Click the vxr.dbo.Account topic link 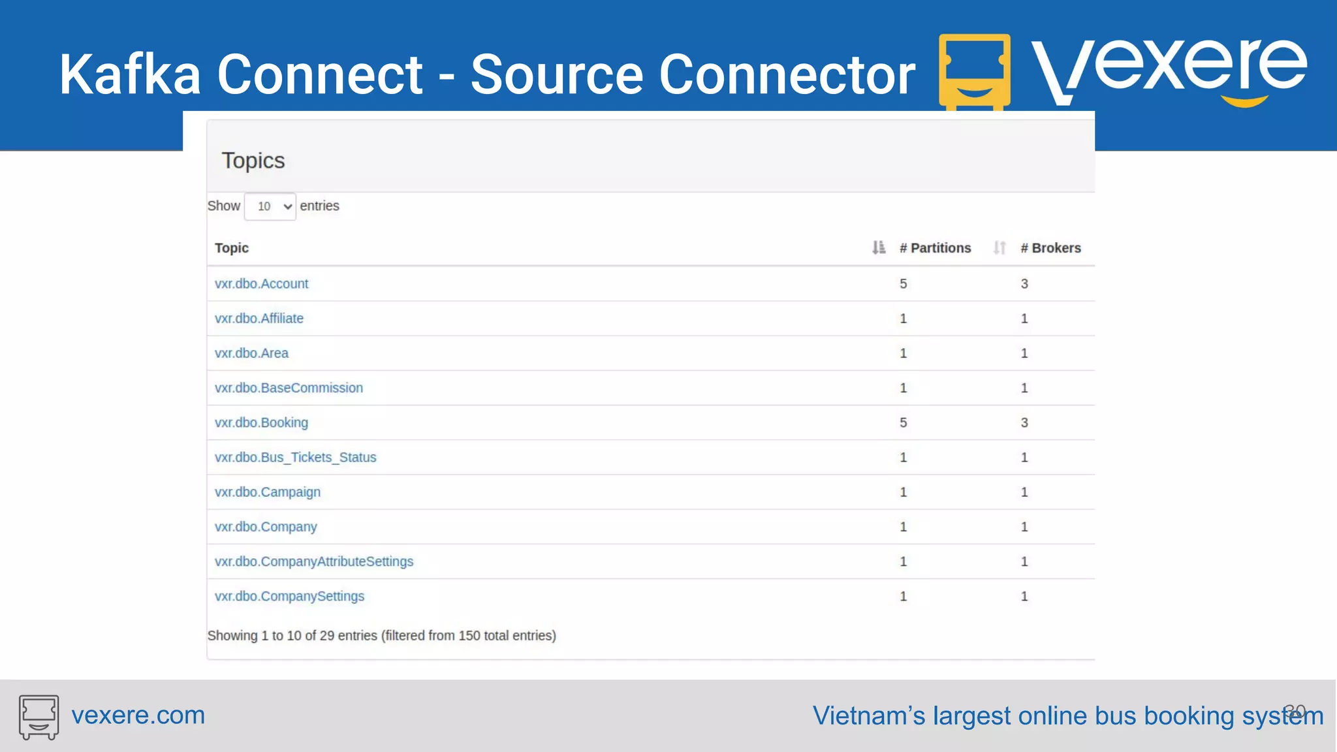(261, 284)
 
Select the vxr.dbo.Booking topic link (261, 423)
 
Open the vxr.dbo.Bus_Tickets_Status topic (295, 458)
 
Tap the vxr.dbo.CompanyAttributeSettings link (314, 561)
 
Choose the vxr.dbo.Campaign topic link (268, 492)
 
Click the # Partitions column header (935, 248)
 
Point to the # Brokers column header (1050, 248)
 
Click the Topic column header (232, 248)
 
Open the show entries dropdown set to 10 (270, 206)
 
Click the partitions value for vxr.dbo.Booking (904, 423)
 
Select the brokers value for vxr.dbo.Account (1024, 284)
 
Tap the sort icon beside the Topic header (879, 248)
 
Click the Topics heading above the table (253, 161)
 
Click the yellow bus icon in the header (974, 70)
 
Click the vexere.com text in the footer (138, 715)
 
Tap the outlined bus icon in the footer (39, 717)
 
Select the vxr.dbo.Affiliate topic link (259, 319)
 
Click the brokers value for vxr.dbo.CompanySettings (1024, 597)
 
